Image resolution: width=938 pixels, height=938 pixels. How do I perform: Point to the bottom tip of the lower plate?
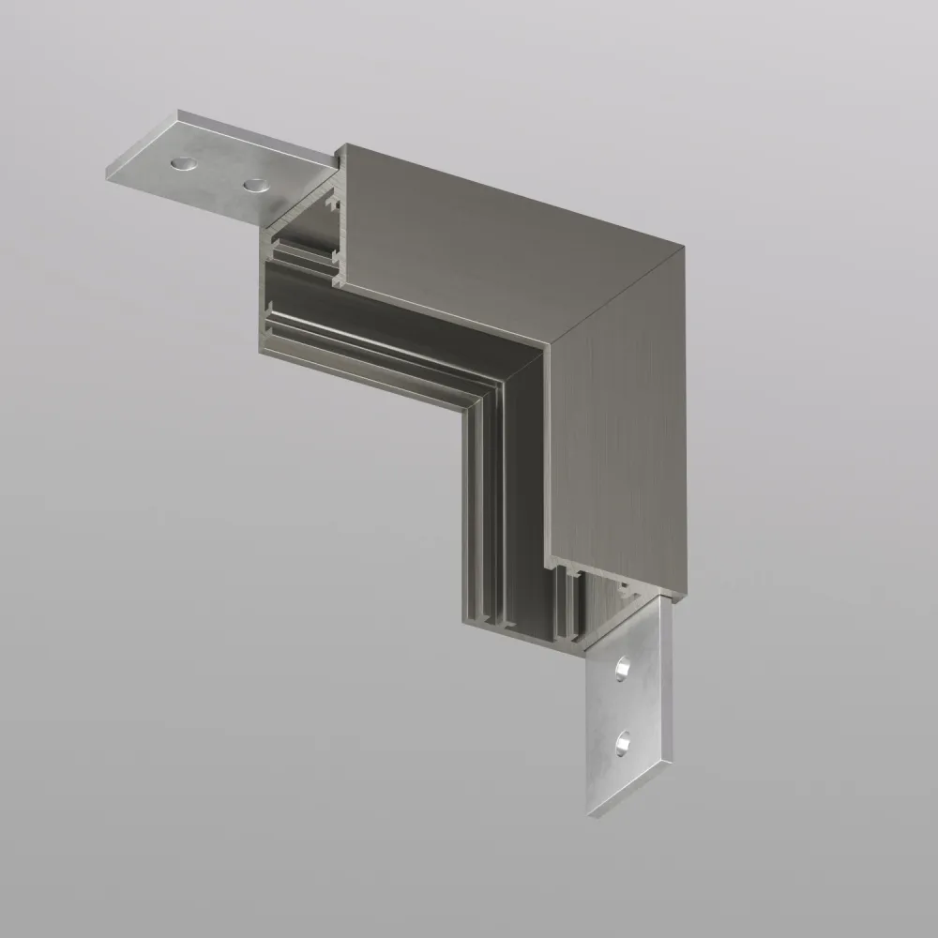[x=594, y=815]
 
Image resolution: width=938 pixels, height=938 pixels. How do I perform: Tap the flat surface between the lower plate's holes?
[x=621, y=708]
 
